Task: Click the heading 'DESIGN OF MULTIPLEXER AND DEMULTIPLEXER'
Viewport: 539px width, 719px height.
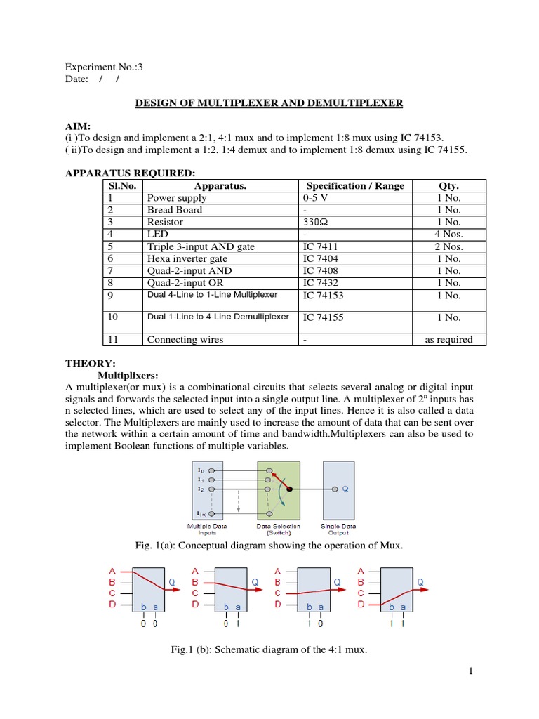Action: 269,103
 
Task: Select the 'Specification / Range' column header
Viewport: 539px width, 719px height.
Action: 355,186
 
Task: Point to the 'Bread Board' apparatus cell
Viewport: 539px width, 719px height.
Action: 174,210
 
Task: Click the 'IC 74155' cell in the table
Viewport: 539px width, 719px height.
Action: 323,317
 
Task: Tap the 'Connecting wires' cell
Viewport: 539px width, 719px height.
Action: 185,340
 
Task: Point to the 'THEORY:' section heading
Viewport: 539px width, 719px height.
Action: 90,364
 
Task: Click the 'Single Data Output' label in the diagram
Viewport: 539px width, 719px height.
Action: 338,529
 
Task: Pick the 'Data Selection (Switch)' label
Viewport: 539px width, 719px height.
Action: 279,529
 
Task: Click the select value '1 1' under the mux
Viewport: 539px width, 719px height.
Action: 397,623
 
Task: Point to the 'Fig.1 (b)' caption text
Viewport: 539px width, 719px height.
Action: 269,650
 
